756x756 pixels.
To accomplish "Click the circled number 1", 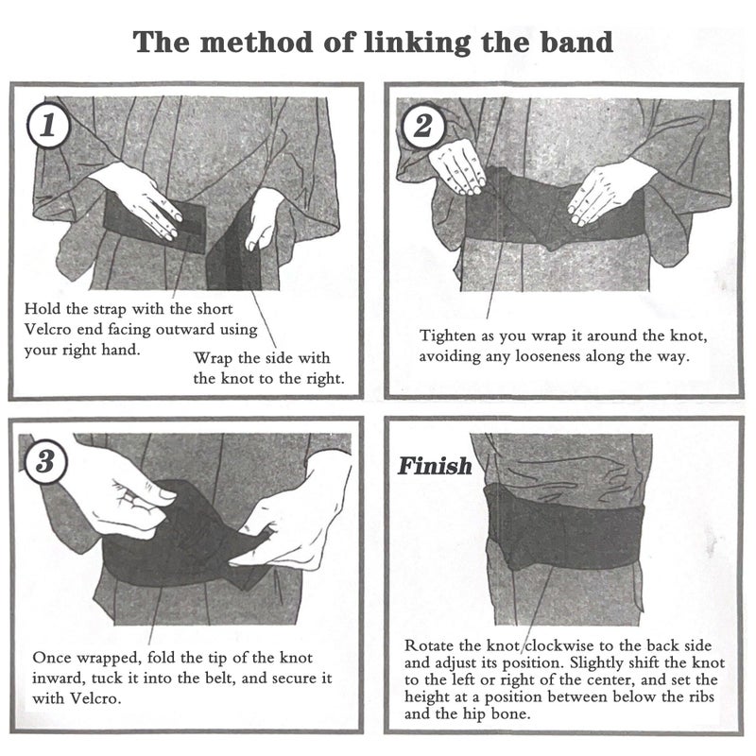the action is [48, 126].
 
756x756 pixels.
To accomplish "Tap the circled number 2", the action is [422, 127].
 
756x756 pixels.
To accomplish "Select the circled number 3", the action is [45, 461].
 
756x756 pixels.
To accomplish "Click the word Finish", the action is [435, 466].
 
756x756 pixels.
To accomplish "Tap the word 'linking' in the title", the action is [417, 43].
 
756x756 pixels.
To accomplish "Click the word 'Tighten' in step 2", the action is [447, 336].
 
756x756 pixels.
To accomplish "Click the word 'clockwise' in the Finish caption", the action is [558, 645].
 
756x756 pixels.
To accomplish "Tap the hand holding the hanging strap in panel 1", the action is [264, 218].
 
